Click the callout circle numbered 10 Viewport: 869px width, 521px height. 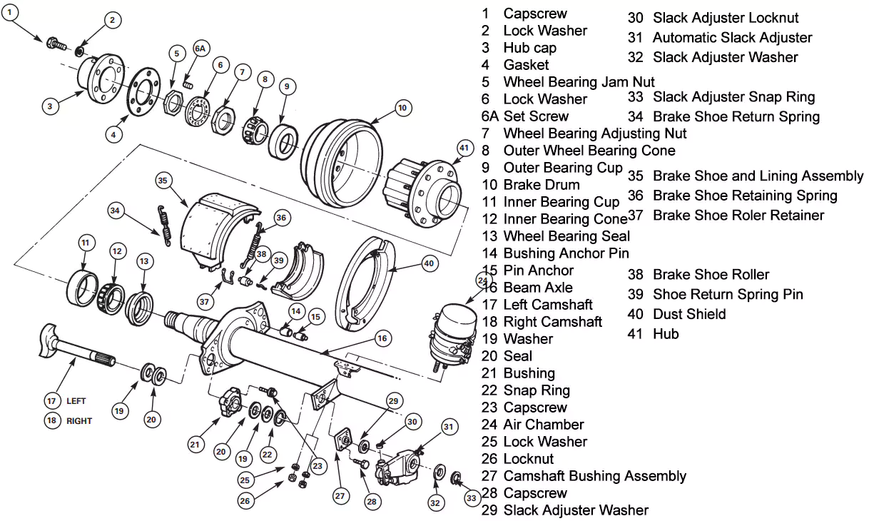(x=402, y=108)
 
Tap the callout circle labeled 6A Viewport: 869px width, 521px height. (x=200, y=49)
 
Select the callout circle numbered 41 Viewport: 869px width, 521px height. (x=464, y=148)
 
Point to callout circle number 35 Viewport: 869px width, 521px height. (x=163, y=181)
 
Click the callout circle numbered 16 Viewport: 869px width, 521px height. (x=382, y=338)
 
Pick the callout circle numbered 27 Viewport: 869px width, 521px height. (x=340, y=495)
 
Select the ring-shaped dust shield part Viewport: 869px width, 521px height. (x=370, y=285)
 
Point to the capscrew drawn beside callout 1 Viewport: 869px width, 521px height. (x=56, y=44)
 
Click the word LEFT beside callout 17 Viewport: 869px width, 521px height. (x=76, y=401)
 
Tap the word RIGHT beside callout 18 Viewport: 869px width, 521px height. (x=79, y=421)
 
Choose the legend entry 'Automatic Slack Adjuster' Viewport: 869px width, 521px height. (x=732, y=38)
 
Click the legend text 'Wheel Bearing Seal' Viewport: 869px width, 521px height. (x=566, y=236)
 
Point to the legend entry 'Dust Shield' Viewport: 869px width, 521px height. (x=689, y=314)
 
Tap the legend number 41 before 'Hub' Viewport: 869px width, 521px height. (x=636, y=334)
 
